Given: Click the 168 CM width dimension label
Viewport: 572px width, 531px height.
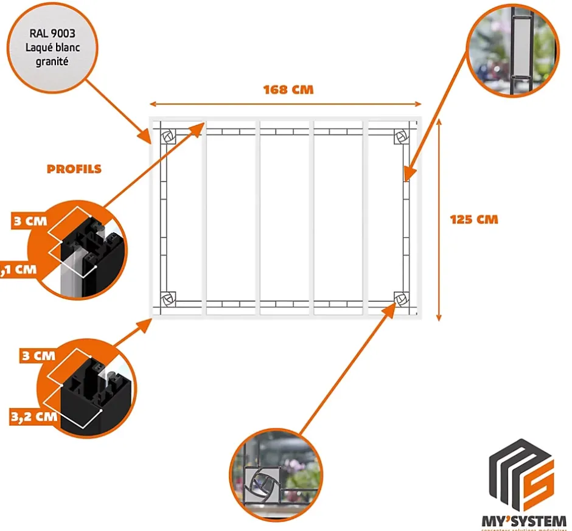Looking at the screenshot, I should pyautogui.click(x=288, y=89).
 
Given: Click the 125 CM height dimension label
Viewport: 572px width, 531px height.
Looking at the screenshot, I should pyautogui.click(x=474, y=219).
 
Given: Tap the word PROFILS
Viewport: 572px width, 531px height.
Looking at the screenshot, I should pyautogui.click(x=74, y=168).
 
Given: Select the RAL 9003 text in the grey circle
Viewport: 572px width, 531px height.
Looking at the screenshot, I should pyautogui.click(x=51, y=34).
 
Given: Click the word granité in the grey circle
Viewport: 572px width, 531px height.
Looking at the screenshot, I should pyautogui.click(x=51, y=62).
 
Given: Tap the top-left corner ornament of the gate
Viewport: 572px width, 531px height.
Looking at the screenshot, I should pyautogui.click(x=169, y=136).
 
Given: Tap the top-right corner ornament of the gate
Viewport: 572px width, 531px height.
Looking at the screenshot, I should pyautogui.click(x=401, y=136).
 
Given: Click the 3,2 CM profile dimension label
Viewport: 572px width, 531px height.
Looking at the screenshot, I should pyautogui.click(x=34, y=417).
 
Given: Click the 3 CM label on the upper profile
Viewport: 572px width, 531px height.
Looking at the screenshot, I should pyautogui.click(x=30, y=220).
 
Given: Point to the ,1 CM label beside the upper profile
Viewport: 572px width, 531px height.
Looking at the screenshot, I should pyautogui.click(x=18, y=269).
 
